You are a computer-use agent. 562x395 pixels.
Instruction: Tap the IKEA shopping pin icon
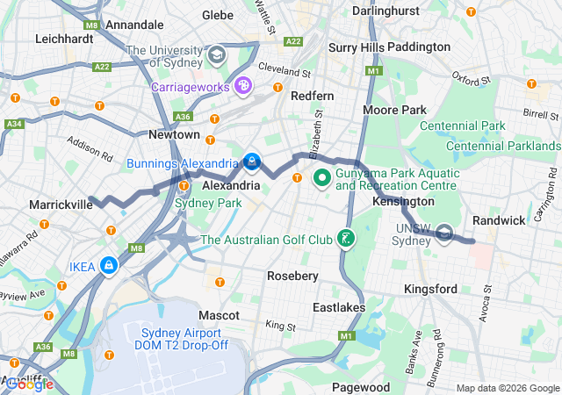tap(108, 264)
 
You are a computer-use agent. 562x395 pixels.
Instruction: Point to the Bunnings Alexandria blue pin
tap(252, 162)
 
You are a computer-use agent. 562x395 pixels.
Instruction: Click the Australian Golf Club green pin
tap(347, 239)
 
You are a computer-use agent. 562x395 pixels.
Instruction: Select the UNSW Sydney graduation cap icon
tap(445, 233)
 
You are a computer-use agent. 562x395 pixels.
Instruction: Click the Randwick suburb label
tap(498, 219)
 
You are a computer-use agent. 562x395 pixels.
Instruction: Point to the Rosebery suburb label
tap(292, 276)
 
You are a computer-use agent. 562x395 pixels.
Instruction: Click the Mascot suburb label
tap(219, 313)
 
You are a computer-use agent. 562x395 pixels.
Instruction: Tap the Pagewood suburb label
tap(361, 387)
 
